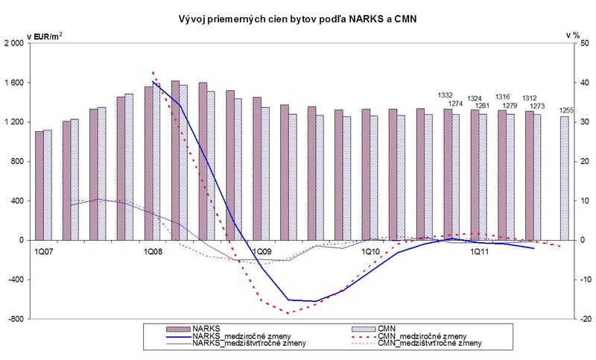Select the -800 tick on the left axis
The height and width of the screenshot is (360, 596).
[x=16, y=319]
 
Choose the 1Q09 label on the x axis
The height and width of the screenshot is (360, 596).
[x=261, y=252]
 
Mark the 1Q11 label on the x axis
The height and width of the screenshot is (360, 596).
[x=478, y=252]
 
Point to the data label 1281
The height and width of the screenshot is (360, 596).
[x=482, y=105]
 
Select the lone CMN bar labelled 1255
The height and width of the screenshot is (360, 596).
[x=564, y=178]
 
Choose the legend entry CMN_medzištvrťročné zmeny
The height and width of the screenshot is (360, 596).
[x=431, y=344]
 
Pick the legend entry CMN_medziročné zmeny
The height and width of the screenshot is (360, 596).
[x=422, y=335]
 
